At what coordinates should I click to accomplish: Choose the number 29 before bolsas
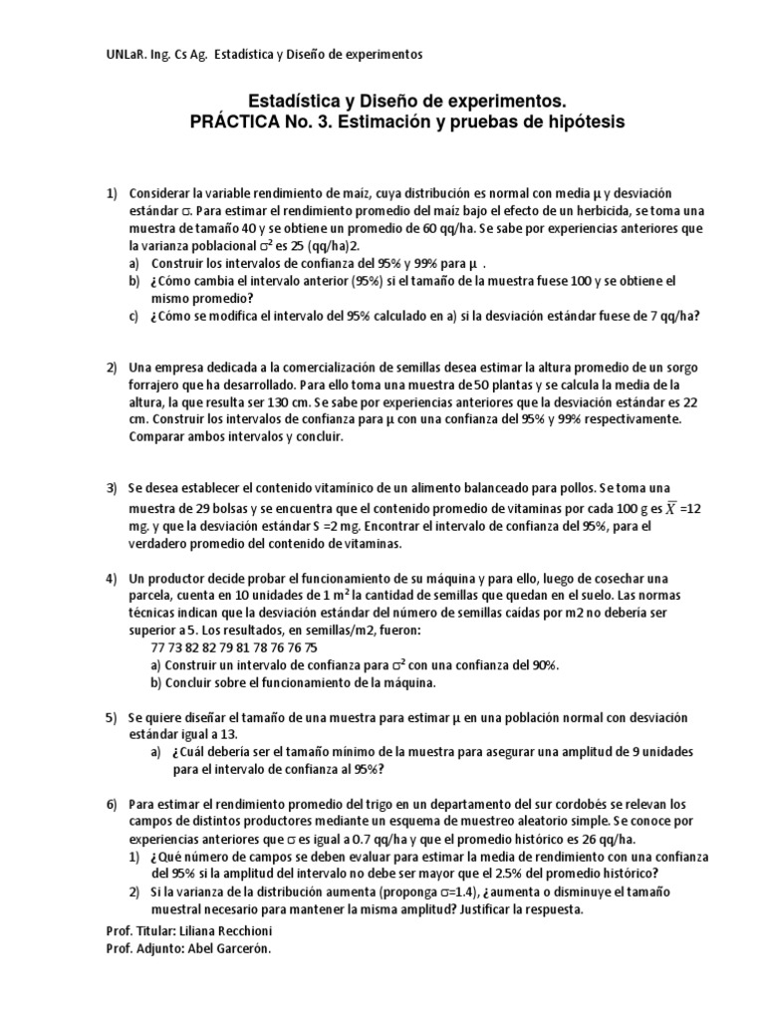[193, 508]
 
